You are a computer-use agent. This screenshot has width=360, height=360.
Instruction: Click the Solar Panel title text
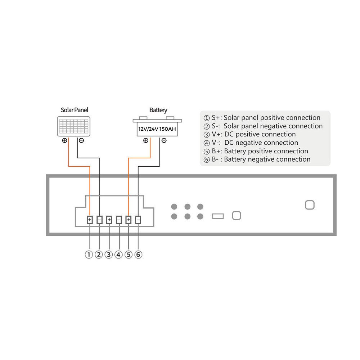pyautogui.click(x=75, y=110)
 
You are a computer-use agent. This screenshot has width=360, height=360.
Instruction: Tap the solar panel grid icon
pyautogui.click(x=74, y=126)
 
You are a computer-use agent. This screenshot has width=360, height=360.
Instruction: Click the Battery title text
pyautogui.click(x=158, y=110)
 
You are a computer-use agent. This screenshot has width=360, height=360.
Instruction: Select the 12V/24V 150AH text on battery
pyautogui.click(x=157, y=129)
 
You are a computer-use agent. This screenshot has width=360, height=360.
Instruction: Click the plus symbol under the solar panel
pyautogui.click(x=64, y=140)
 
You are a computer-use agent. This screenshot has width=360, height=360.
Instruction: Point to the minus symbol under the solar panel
pyautogui.click(x=81, y=140)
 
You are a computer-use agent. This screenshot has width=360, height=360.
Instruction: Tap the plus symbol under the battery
pyautogui.click(x=146, y=140)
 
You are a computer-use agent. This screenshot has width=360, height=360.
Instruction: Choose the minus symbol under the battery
pyautogui.click(x=164, y=140)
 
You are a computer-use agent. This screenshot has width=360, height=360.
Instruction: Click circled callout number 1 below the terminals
pyautogui.click(x=89, y=255)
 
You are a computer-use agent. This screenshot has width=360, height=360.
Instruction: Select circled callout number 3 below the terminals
pyautogui.click(x=109, y=255)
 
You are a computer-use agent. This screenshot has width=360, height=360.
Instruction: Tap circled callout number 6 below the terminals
pyautogui.click(x=138, y=255)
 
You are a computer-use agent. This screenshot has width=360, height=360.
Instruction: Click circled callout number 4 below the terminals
pyautogui.click(x=118, y=255)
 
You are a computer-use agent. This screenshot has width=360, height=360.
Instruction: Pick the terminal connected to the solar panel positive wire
pyautogui.click(x=90, y=220)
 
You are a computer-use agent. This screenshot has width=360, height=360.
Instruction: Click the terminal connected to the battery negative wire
pyautogui.click(x=138, y=220)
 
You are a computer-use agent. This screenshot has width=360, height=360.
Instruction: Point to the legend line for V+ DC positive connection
pyautogui.click(x=249, y=134)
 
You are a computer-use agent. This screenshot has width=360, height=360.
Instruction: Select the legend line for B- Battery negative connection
pyautogui.click(x=257, y=159)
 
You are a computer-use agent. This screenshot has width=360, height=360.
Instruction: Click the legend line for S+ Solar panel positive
pyautogui.click(x=262, y=118)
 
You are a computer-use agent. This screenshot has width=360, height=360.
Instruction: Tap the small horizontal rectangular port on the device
pyautogui.click(x=218, y=216)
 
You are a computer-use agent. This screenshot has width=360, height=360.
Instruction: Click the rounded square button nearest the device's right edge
pyautogui.click(x=310, y=205)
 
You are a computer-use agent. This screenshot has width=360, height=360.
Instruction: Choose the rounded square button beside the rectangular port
pyautogui.click(x=237, y=216)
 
